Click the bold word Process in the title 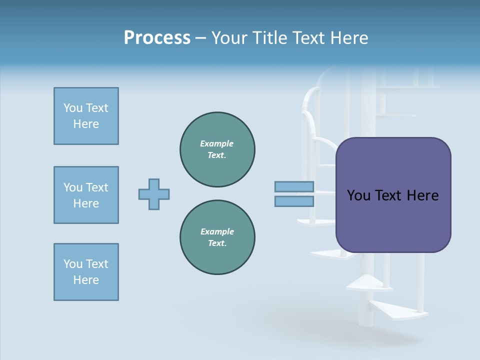[157, 38]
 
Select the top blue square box [86, 116]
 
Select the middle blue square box [86, 195]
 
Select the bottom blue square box [86, 272]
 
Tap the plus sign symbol [154, 194]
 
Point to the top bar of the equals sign [294, 187]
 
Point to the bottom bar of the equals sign [294, 201]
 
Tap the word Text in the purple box [388, 195]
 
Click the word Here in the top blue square [86, 124]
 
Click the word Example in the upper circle [216, 143]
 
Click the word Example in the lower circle [216, 231]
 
